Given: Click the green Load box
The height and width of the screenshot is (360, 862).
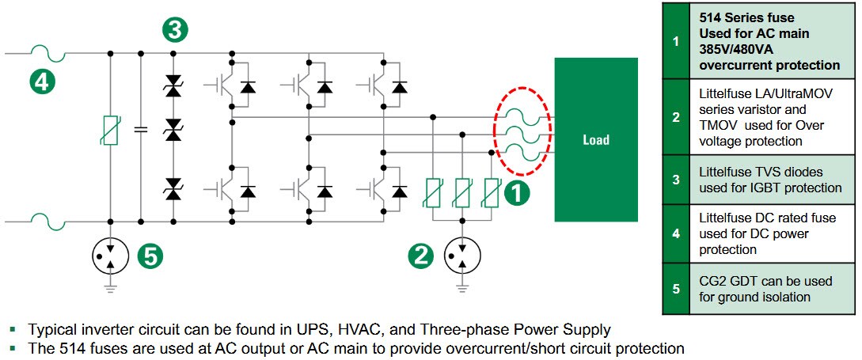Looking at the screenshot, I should (x=595, y=140).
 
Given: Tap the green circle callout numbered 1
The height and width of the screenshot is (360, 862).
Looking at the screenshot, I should (x=517, y=193).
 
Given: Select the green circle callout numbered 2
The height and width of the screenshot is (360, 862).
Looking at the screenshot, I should (x=421, y=255).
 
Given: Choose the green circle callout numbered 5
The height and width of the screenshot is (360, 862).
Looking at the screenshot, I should (x=150, y=255).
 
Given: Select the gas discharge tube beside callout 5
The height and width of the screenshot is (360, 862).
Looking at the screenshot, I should (x=110, y=255).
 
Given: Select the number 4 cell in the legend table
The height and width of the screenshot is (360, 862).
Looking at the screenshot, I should (x=675, y=234).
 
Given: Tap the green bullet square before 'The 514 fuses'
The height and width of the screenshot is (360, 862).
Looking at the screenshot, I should (x=12, y=348).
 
